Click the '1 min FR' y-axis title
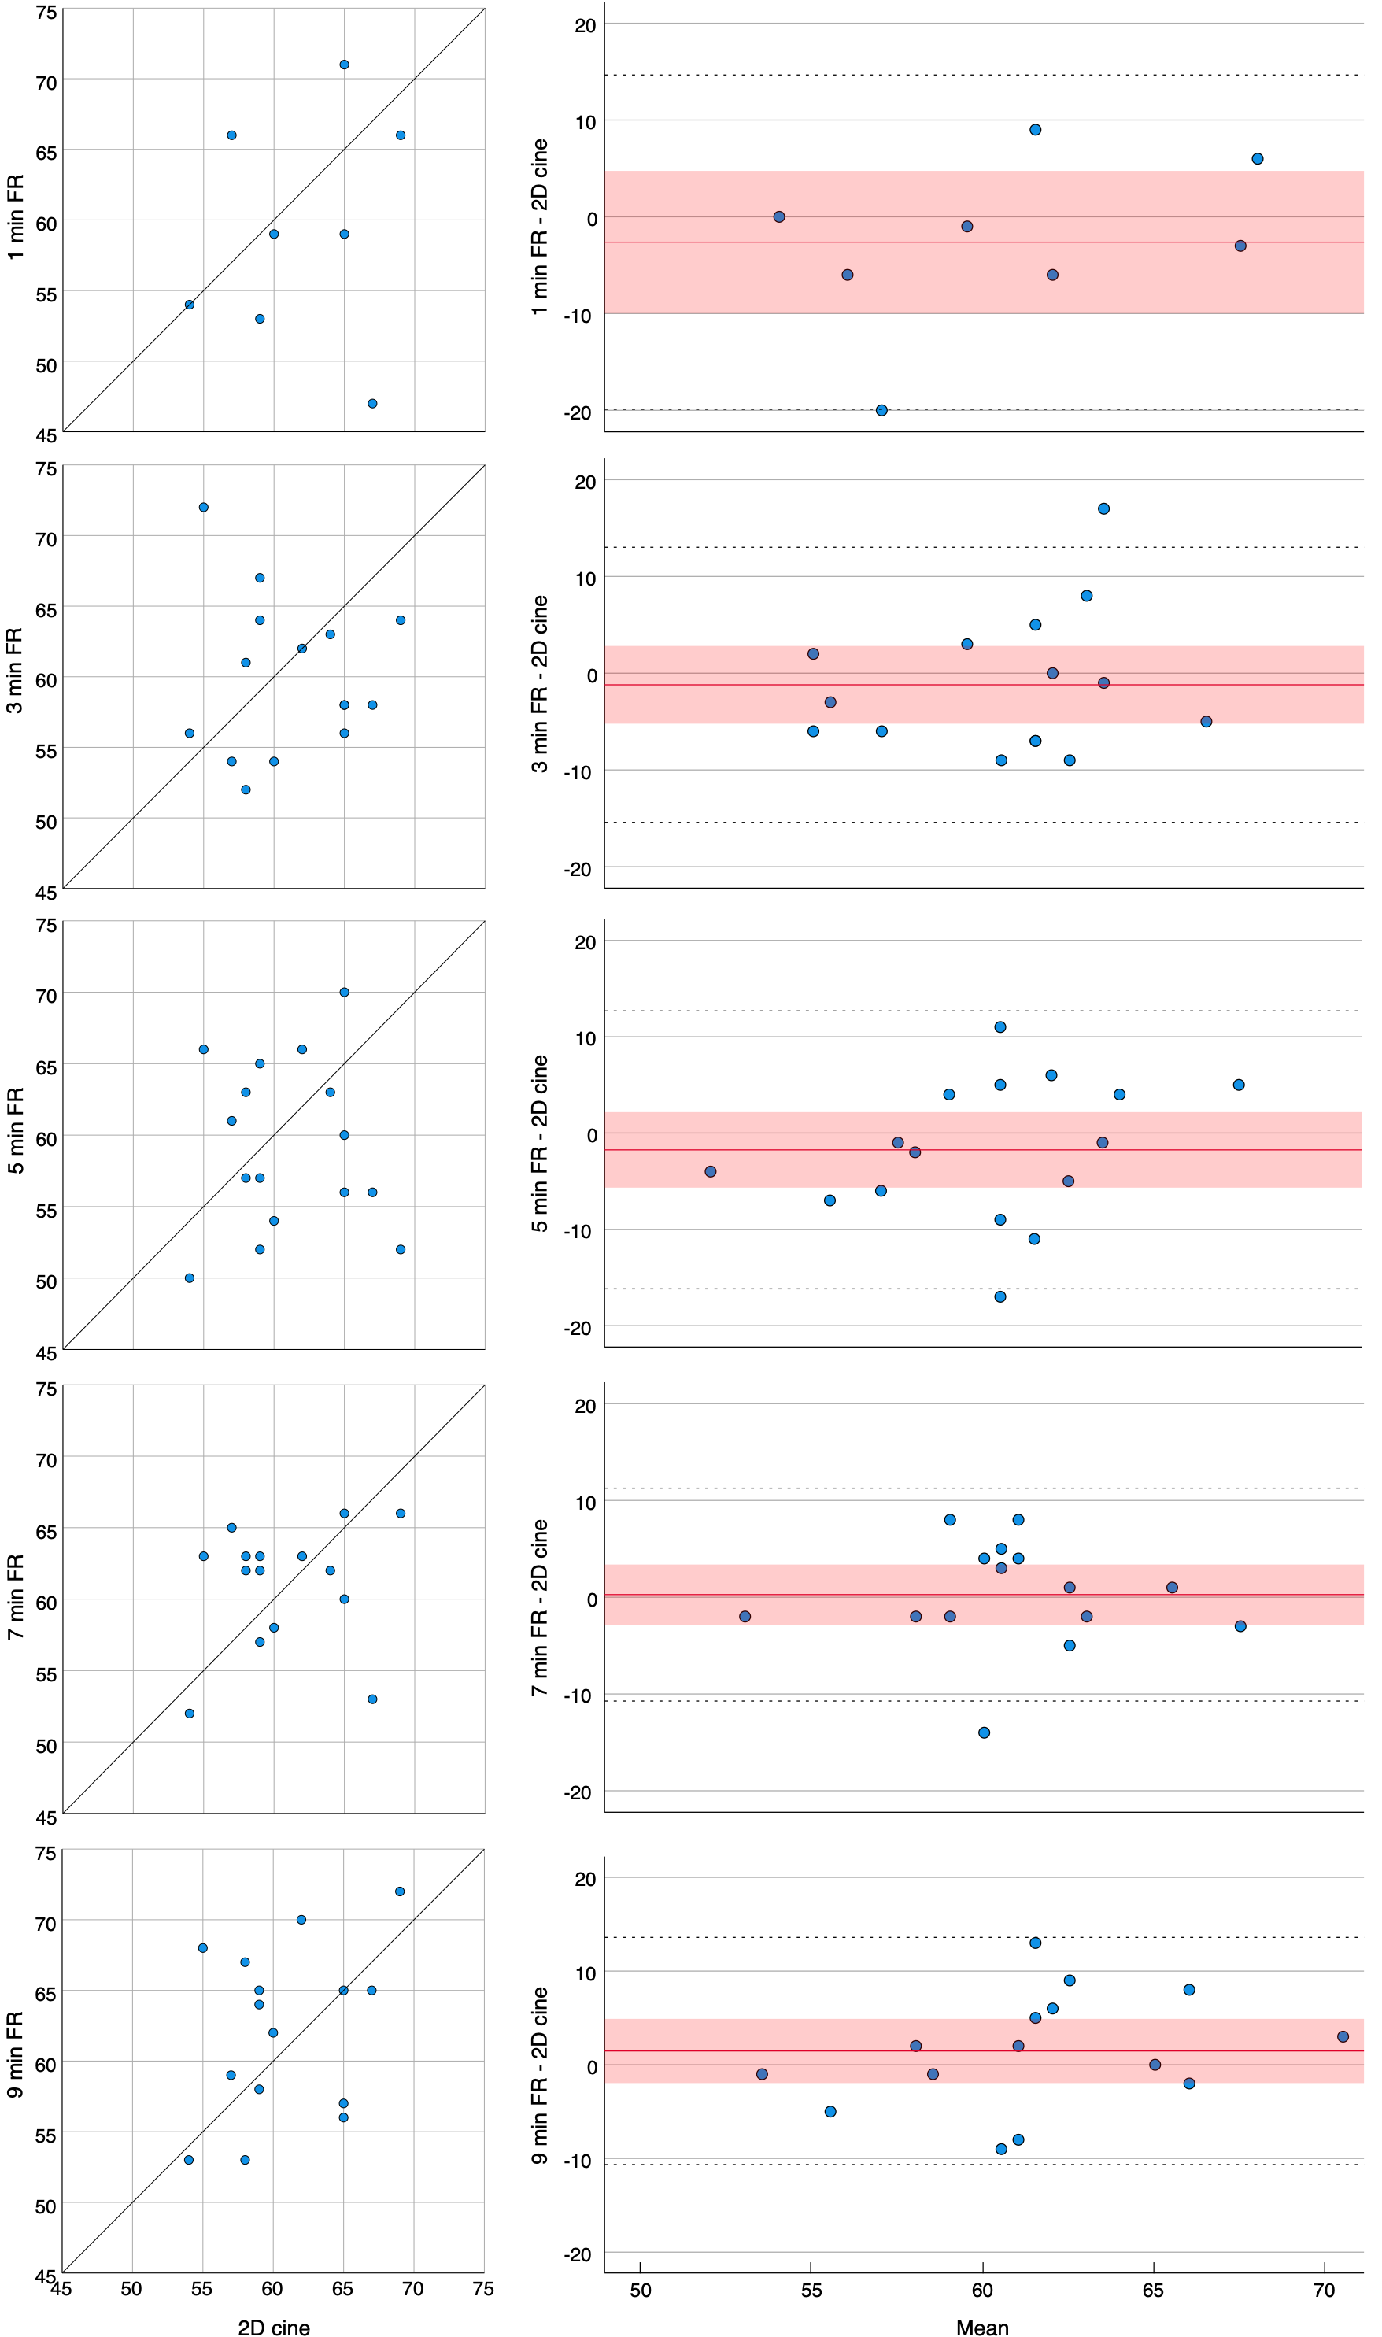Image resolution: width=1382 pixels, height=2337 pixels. click(x=16, y=217)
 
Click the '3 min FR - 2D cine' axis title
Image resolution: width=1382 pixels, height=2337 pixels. click(x=539, y=684)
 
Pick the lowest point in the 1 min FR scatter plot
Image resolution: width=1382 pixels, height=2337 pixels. click(x=372, y=403)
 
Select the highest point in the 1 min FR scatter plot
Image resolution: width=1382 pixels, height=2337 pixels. click(x=345, y=65)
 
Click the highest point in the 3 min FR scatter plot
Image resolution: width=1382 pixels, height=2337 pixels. click(x=204, y=507)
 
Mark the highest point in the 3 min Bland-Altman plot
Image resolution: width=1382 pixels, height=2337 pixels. click(x=1103, y=508)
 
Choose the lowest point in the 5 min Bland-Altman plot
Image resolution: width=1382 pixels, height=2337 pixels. click(x=1000, y=1296)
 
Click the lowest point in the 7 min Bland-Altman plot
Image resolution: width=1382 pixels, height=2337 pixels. click(x=985, y=1732)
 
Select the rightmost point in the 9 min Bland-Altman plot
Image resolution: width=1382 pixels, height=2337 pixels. click(x=1343, y=2036)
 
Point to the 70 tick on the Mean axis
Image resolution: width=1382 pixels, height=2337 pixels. click(x=1325, y=2287)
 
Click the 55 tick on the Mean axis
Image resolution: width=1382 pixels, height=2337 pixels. click(x=811, y=2287)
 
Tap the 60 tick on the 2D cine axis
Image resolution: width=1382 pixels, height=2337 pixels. click(x=272, y=2287)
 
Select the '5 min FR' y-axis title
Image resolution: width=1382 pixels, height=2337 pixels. click(x=16, y=1129)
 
